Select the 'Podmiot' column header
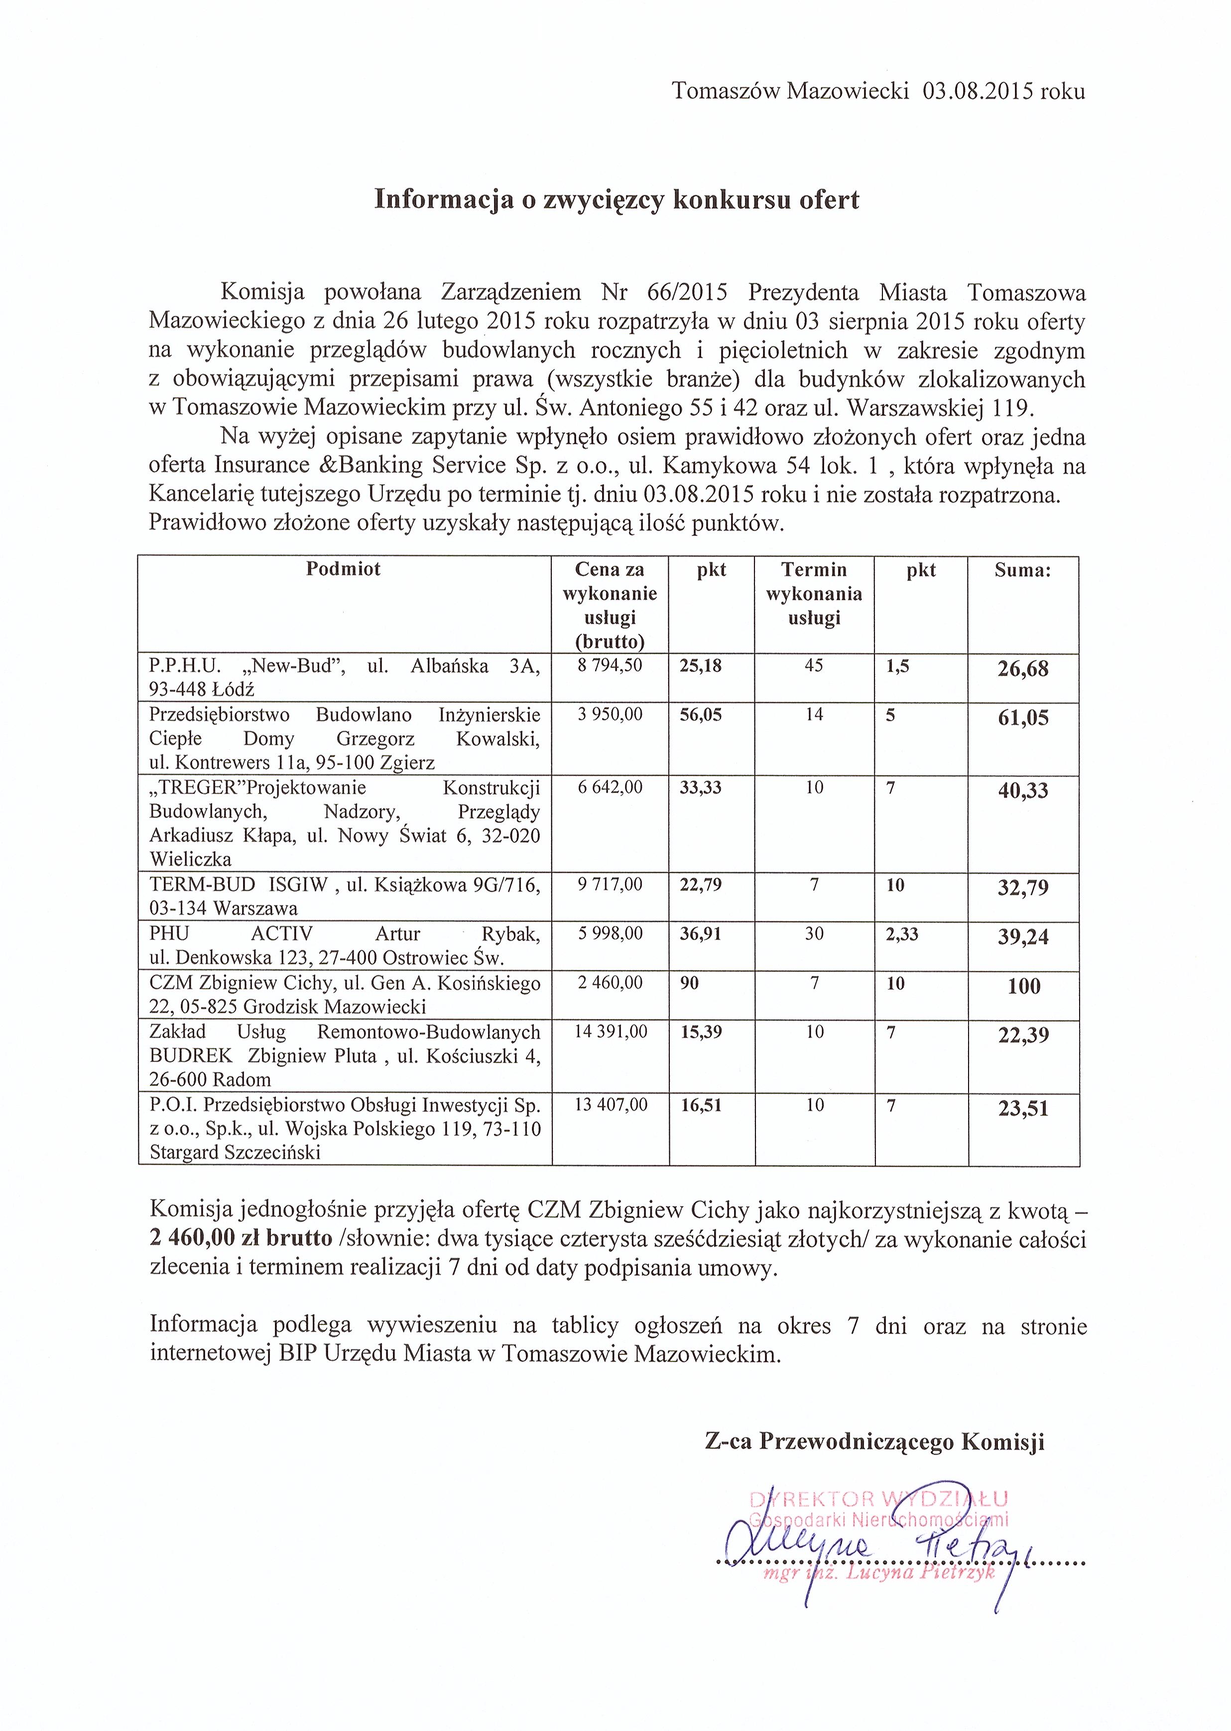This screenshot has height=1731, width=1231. click(x=344, y=569)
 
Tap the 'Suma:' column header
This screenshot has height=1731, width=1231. click(x=1022, y=571)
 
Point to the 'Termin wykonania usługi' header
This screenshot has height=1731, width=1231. click(x=814, y=594)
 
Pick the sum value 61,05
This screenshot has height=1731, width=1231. click(x=1023, y=718)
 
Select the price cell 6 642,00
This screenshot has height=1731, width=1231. click(x=610, y=788)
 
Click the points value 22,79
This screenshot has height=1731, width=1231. click(x=700, y=885)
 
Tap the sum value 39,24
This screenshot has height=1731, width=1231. click(x=1023, y=937)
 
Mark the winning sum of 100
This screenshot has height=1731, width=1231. click(x=1024, y=986)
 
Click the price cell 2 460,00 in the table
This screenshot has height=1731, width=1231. click(x=610, y=983)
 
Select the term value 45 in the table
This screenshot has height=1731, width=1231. click(x=814, y=666)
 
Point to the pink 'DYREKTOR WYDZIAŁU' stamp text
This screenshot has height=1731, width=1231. click(x=878, y=1499)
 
